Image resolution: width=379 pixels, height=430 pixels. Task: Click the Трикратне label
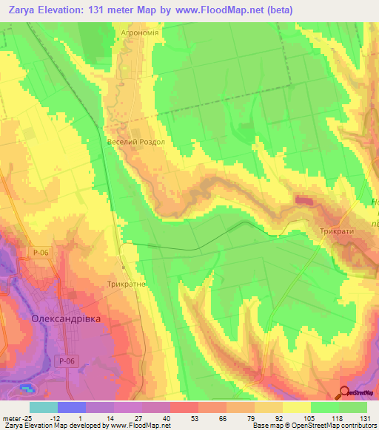(126, 284)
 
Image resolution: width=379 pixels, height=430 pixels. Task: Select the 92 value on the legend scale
(269, 417)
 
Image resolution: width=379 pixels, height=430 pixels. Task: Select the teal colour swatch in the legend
(44, 407)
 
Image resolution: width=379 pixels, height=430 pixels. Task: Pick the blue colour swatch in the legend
(72, 407)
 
